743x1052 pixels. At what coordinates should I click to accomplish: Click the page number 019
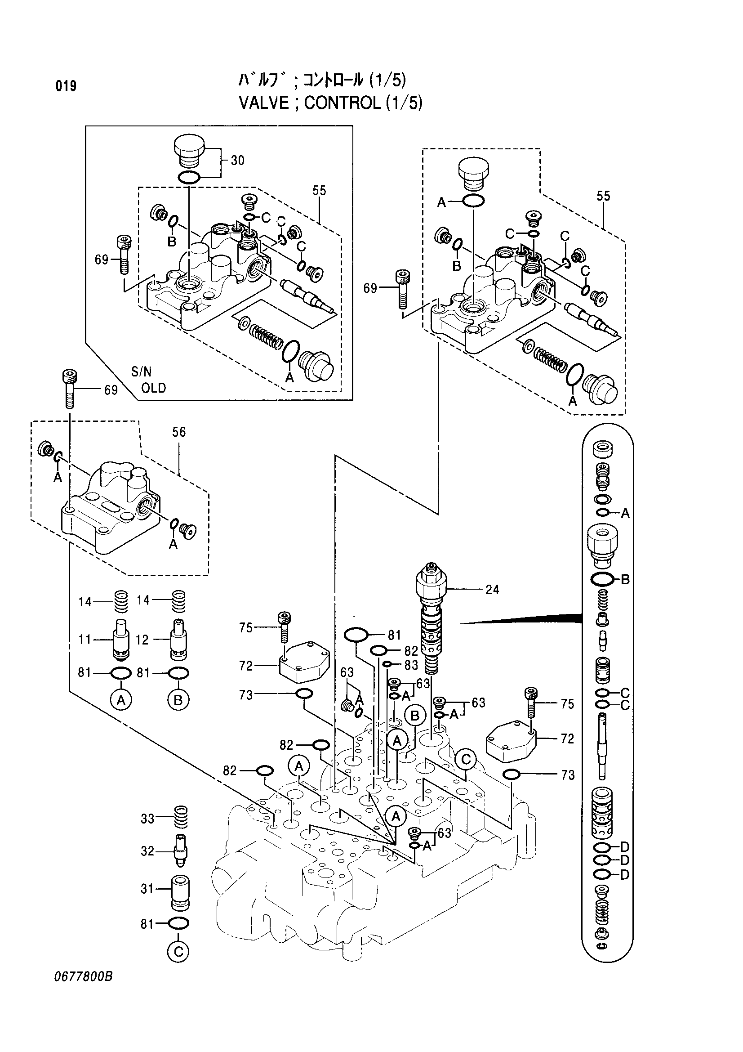tap(66, 86)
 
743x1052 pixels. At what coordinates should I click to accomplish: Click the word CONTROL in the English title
tap(342, 103)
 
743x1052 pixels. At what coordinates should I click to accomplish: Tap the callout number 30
tap(237, 161)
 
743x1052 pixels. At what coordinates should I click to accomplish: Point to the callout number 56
tap(179, 432)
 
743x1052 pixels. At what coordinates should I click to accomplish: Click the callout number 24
tap(492, 589)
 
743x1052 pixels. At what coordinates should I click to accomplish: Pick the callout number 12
tap(142, 640)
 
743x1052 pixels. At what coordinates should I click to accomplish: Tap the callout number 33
tap(147, 832)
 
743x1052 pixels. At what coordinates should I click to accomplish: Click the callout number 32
tap(147, 864)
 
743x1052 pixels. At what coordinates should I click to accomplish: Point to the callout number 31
tap(147, 902)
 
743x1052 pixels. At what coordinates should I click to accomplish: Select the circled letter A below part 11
tap(121, 700)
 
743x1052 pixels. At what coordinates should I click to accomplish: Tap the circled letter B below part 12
tap(178, 700)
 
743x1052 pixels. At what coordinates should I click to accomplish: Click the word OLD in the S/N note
tap(153, 388)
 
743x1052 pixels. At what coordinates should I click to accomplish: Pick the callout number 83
tap(411, 665)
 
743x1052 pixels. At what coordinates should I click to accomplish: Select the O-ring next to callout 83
tap(387, 664)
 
